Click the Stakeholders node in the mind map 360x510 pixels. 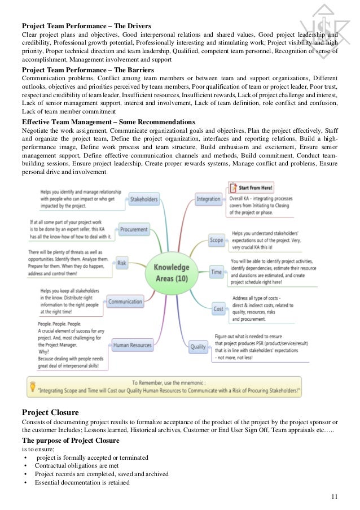coord(143,199)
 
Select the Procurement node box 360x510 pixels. coord(134,229)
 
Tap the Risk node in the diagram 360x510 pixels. coord(121,263)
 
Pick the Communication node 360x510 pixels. coord(125,302)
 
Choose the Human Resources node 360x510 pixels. coord(133,345)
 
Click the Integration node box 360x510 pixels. coord(208,199)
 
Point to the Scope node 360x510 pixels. coord(216,240)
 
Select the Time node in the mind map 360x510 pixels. coord(217,272)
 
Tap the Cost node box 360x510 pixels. coord(218,308)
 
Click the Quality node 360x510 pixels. coord(197,346)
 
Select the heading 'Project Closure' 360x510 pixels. coord(50,412)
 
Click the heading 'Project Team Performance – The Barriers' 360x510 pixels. coord(87,69)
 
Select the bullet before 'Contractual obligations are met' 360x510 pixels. coord(25,465)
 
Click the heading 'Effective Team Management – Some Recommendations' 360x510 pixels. coord(108,121)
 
